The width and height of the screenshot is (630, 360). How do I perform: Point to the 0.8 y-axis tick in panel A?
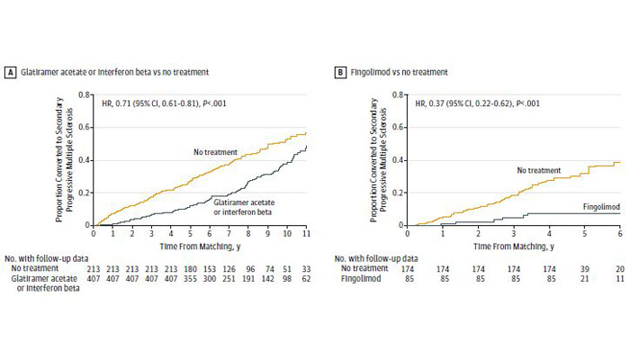tap(84, 95)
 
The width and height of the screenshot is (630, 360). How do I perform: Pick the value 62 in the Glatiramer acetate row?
tap(306, 280)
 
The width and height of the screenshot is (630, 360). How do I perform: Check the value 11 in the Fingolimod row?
tap(621, 280)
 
